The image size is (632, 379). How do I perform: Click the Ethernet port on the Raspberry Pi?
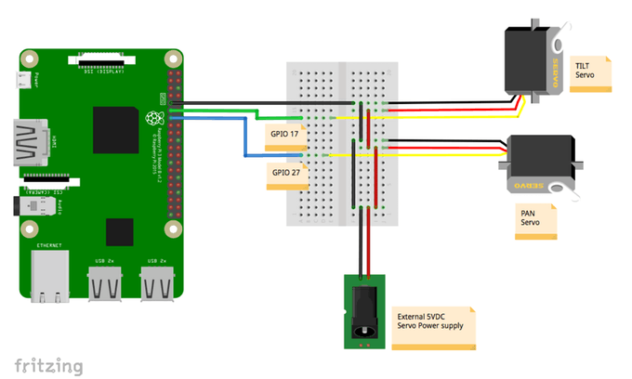pos(50,275)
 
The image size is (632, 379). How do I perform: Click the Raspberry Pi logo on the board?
pos(153,119)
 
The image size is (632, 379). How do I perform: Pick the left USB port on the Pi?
pos(104,284)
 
